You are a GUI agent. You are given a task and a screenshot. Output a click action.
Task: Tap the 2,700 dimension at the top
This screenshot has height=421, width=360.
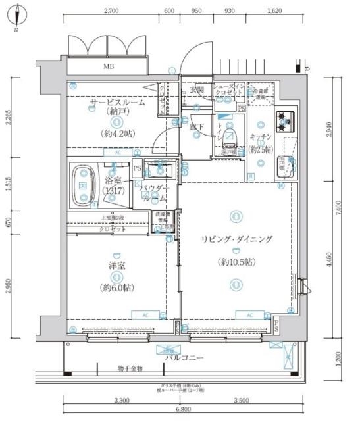[x=111, y=11]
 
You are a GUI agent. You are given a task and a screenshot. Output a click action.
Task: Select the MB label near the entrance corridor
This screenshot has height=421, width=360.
[x=107, y=66]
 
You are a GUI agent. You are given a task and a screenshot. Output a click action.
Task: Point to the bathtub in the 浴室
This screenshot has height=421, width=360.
[x=84, y=186]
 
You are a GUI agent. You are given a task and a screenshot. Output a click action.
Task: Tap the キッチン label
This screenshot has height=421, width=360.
[x=261, y=137]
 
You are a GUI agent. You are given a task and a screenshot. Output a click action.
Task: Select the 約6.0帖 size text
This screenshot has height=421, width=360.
[x=118, y=288]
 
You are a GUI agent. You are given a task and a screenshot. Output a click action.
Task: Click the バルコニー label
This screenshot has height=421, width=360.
[x=184, y=358]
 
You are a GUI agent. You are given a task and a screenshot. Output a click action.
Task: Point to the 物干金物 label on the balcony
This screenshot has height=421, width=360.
[x=130, y=368]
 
